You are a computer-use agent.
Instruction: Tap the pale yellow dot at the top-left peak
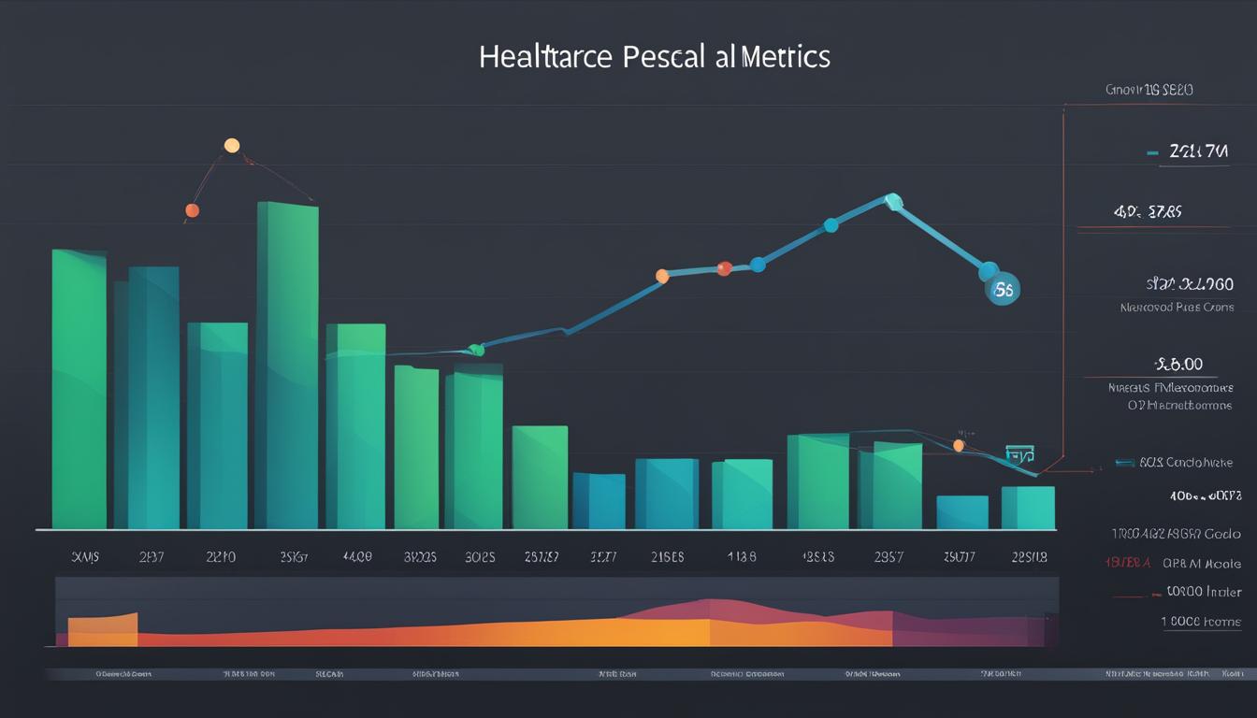(x=232, y=145)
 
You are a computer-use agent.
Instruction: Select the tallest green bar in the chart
(x=287, y=365)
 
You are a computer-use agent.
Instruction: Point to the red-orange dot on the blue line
(x=723, y=268)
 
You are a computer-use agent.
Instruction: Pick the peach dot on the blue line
(x=662, y=276)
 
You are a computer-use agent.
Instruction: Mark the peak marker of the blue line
(x=893, y=200)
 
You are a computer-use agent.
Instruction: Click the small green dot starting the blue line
(x=475, y=350)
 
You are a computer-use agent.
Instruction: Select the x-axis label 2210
(x=221, y=556)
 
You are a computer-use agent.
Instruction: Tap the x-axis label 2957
(x=888, y=556)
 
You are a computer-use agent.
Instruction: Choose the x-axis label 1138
(x=741, y=556)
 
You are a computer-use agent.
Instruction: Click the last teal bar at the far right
(x=1028, y=508)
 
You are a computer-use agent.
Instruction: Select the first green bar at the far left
(x=79, y=389)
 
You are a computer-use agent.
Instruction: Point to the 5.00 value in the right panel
(x=1179, y=364)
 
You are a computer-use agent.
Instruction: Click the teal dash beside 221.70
(x=1152, y=151)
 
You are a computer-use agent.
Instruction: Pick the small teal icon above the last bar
(x=1019, y=455)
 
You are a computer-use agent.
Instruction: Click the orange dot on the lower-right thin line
(x=959, y=446)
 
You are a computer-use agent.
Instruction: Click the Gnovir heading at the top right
(x=1149, y=90)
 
